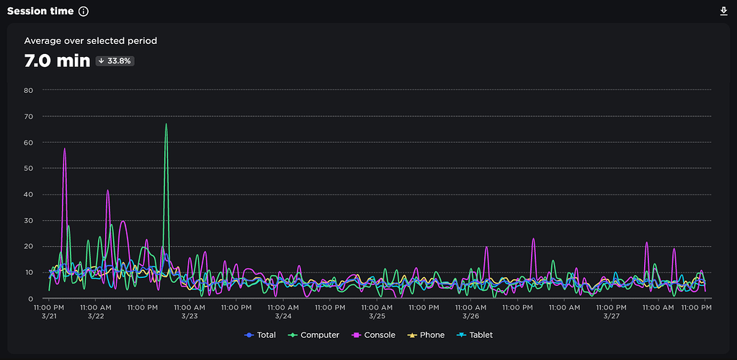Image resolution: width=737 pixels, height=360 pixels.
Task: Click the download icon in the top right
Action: point(724,12)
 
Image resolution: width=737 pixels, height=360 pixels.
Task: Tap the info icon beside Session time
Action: point(83,12)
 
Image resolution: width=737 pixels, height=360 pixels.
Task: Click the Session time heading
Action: point(40,12)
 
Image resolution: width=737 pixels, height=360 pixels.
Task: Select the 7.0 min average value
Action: point(57,60)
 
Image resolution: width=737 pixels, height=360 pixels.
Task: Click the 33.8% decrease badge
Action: point(115,61)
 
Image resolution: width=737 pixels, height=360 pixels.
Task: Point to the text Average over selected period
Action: point(91,41)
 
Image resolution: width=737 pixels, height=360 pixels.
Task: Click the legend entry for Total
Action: point(260,335)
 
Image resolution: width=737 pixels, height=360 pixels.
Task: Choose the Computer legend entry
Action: point(313,335)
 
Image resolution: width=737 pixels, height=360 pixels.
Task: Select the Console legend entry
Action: point(373,335)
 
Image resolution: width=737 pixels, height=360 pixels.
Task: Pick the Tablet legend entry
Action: point(474,335)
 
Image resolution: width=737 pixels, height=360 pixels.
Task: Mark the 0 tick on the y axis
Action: point(30,298)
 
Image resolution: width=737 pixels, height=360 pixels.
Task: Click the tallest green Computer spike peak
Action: point(166,124)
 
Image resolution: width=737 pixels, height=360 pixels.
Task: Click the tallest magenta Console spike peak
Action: point(64,148)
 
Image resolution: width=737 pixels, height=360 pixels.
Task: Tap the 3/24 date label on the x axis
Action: point(283,316)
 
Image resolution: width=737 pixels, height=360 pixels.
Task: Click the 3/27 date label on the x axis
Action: point(611,316)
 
